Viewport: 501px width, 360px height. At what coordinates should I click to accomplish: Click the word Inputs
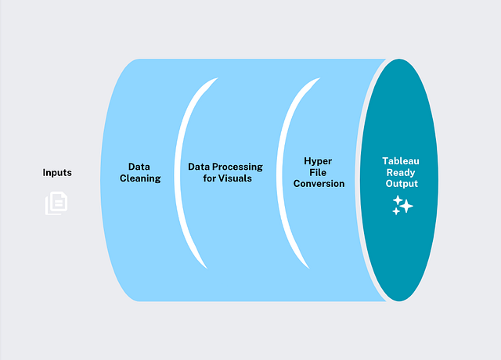coord(57,173)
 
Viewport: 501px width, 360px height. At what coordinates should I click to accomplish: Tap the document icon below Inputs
coord(56,203)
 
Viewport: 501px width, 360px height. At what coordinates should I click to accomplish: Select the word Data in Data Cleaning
coord(139,167)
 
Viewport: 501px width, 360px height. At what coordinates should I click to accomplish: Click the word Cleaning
coord(140,178)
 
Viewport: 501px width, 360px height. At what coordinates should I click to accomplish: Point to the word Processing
coord(237,167)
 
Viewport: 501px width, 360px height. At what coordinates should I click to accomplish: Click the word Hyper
coord(318,161)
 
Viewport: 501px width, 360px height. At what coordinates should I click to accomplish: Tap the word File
coord(318,172)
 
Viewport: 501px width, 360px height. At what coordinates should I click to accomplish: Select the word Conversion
coord(319,184)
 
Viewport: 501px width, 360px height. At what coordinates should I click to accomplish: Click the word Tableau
coord(401,161)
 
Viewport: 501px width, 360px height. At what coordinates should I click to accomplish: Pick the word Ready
coord(401,173)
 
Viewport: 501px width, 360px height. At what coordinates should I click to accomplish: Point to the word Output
coord(402,184)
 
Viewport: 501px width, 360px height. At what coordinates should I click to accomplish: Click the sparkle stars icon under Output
coord(402,205)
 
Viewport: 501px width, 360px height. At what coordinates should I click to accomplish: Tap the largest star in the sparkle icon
coord(407,206)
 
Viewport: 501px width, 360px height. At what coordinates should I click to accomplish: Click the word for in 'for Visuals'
coord(209,178)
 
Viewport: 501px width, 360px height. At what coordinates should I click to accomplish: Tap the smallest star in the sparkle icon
coord(396,211)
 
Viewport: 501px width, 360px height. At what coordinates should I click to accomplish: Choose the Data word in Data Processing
coord(199,167)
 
